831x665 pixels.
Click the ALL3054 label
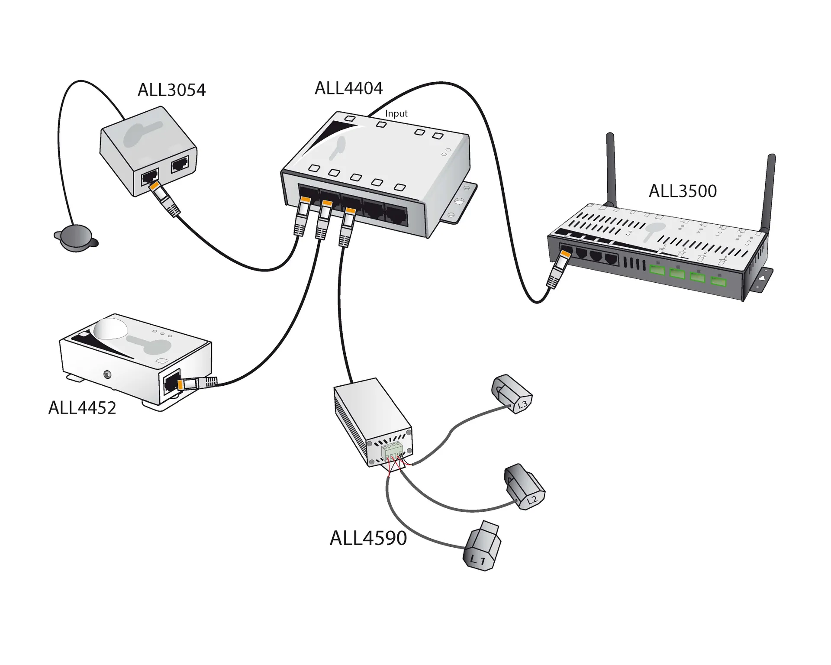pos(171,90)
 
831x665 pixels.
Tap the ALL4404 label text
pos(348,88)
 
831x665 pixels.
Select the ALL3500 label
pos(683,191)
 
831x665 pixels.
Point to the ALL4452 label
pos(82,408)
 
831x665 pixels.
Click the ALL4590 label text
pos(368,538)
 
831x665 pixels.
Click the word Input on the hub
pos(396,113)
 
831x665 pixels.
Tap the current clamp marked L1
pos(482,548)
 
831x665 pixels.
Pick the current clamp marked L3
pos(512,394)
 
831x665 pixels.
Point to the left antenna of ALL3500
pos(611,169)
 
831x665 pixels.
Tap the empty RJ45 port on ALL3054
pos(180,165)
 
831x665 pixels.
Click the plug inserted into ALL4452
pos(195,383)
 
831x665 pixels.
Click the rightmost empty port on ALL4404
pos(396,216)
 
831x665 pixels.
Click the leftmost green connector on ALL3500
pos(657,270)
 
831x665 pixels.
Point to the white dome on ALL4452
pos(111,328)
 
